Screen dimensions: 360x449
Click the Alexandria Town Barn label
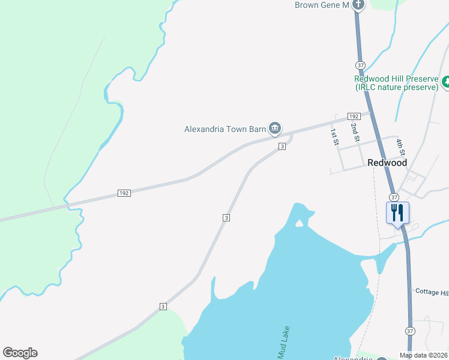coord(225,128)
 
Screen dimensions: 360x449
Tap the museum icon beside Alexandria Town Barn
coord(275,127)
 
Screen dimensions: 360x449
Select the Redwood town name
coord(387,163)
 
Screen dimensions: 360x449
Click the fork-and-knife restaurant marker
coord(397,213)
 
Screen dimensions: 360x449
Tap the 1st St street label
coord(334,136)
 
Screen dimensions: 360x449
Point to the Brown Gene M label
coord(322,5)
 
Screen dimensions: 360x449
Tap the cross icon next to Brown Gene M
coord(358,5)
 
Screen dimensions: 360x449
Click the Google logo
coord(20,353)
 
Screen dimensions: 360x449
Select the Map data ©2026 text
coord(424,355)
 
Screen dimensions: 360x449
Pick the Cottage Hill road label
coord(432,292)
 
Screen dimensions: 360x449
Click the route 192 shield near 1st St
coord(353,116)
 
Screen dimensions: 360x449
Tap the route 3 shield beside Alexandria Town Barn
coord(281,146)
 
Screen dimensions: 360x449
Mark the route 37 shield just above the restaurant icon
coord(394,197)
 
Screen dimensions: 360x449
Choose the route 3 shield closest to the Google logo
coord(163,307)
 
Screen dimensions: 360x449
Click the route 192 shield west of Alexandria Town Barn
coord(124,193)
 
